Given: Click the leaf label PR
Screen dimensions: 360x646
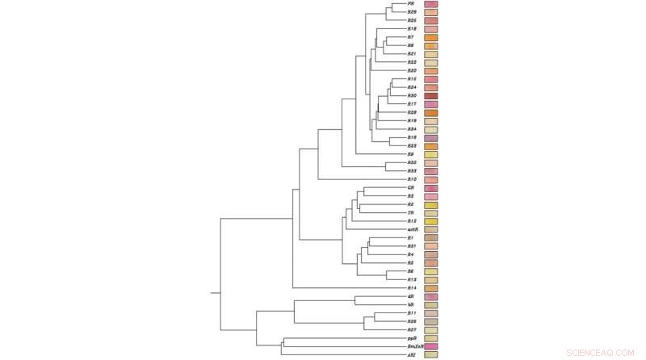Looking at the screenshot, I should pyautogui.click(x=412, y=4).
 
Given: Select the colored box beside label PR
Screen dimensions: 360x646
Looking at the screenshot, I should pyautogui.click(x=430, y=5).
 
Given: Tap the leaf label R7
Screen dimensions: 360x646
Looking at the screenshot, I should pyautogui.click(x=412, y=37).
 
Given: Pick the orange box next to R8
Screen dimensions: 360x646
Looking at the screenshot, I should pyautogui.click(x=430, y=46).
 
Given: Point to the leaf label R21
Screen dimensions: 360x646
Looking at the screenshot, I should pyautogui.click(x=412, y=54).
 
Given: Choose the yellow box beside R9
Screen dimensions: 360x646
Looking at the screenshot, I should pyautogui.click(x=430, y=155).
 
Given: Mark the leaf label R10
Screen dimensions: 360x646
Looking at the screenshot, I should pyautogui.click(x=412, y=179).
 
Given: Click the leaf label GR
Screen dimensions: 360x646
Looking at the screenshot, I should pyautogui.click(x=412, y=188).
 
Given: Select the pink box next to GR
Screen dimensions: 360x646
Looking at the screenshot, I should pyautogui.click(x=430, y=188).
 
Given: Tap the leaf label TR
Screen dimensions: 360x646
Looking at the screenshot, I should pyautogui.click(x=412, y=213).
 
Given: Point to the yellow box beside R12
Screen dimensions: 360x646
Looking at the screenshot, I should pyautogui.click(x=430, y=222).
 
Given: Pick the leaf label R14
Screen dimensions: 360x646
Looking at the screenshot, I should pyautogui.click(x=412, y=288).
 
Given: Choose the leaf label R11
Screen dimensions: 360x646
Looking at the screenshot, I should pyautogui.click(x=412, y=313).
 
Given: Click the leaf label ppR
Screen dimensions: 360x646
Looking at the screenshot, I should pyautogui.click(x=412, y=338).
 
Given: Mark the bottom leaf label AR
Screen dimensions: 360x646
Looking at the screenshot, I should pyautogui.click(x=412, y=355).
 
